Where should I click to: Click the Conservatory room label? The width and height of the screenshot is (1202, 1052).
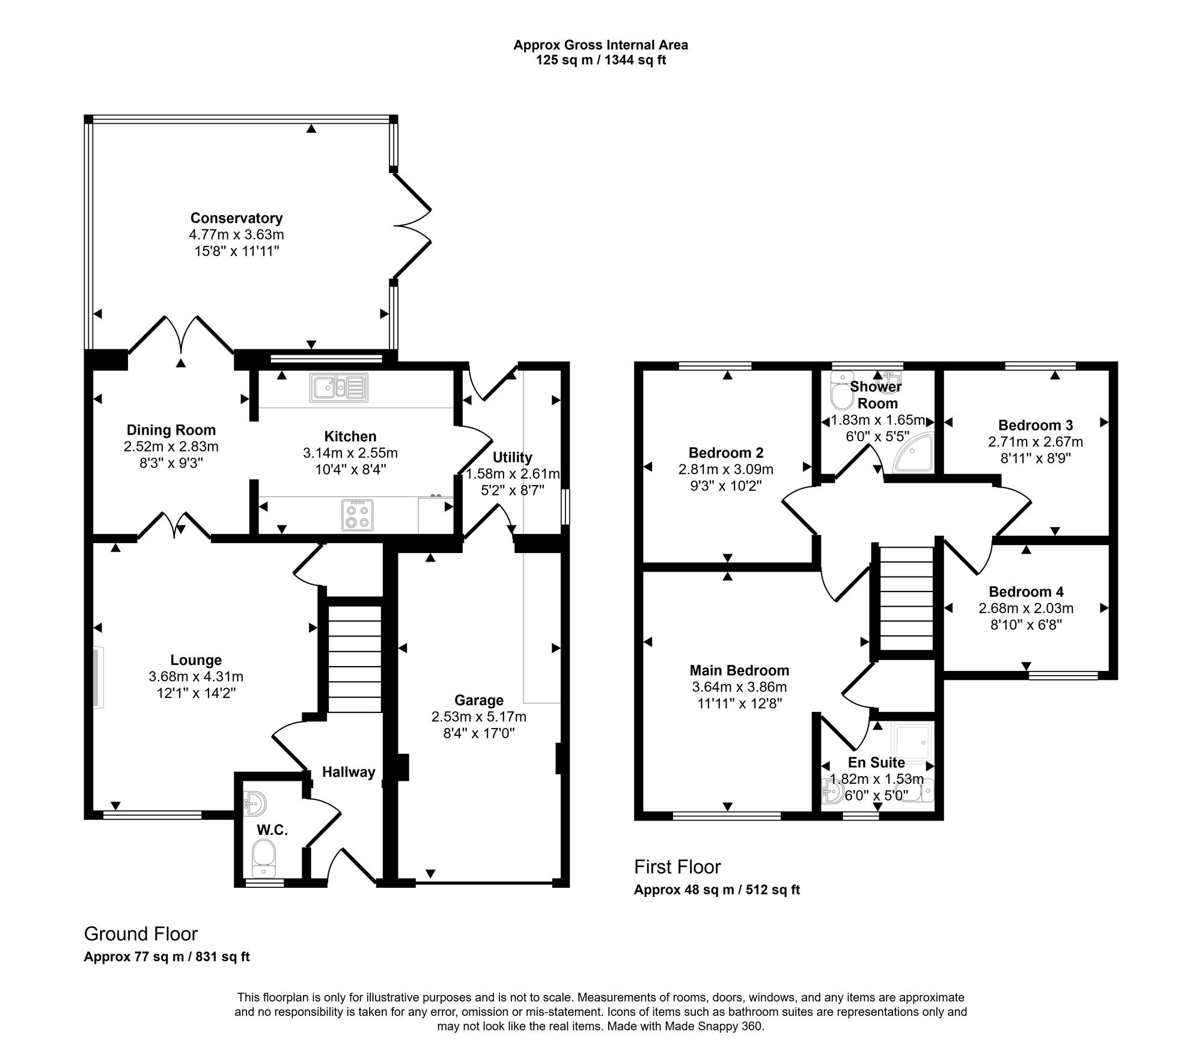236,218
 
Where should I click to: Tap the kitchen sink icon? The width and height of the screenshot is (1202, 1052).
338,388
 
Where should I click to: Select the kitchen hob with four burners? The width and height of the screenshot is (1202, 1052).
357,515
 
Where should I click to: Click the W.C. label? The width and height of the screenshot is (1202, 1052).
272,830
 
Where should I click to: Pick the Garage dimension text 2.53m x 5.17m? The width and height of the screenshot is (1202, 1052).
478,717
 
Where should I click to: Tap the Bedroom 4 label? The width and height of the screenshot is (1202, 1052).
1026,592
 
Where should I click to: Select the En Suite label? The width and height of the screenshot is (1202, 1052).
876,762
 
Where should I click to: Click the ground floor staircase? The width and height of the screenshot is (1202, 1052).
355,659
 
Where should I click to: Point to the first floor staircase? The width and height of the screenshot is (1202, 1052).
906,599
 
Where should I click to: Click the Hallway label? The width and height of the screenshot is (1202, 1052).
349,772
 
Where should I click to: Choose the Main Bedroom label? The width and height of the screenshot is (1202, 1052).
739,670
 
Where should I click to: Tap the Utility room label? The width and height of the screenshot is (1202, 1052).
512,457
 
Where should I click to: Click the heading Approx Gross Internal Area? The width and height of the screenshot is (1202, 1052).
600,44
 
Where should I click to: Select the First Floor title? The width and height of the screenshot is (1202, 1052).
677,867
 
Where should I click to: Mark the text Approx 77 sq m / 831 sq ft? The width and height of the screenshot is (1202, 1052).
166,956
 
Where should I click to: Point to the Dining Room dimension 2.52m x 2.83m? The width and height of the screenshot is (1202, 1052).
171,447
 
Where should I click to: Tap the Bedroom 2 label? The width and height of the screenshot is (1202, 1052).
726,453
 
